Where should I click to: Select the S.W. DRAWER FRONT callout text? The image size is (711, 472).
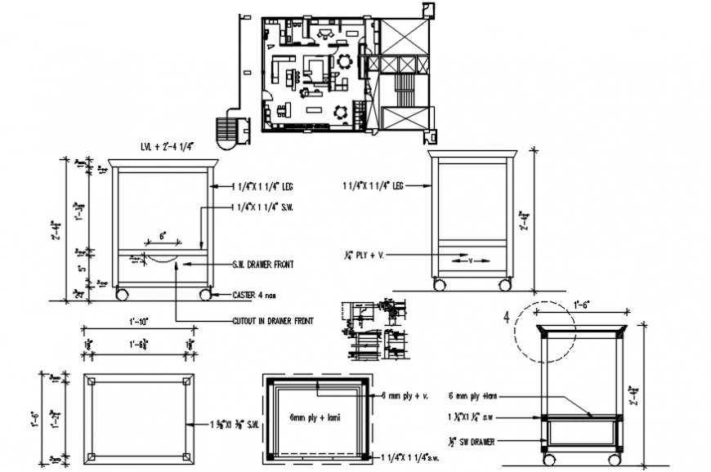tap(262, 265)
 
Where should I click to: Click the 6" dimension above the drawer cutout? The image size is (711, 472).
tap(163, 235)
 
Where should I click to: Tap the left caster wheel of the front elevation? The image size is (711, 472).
tap(123, 292)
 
